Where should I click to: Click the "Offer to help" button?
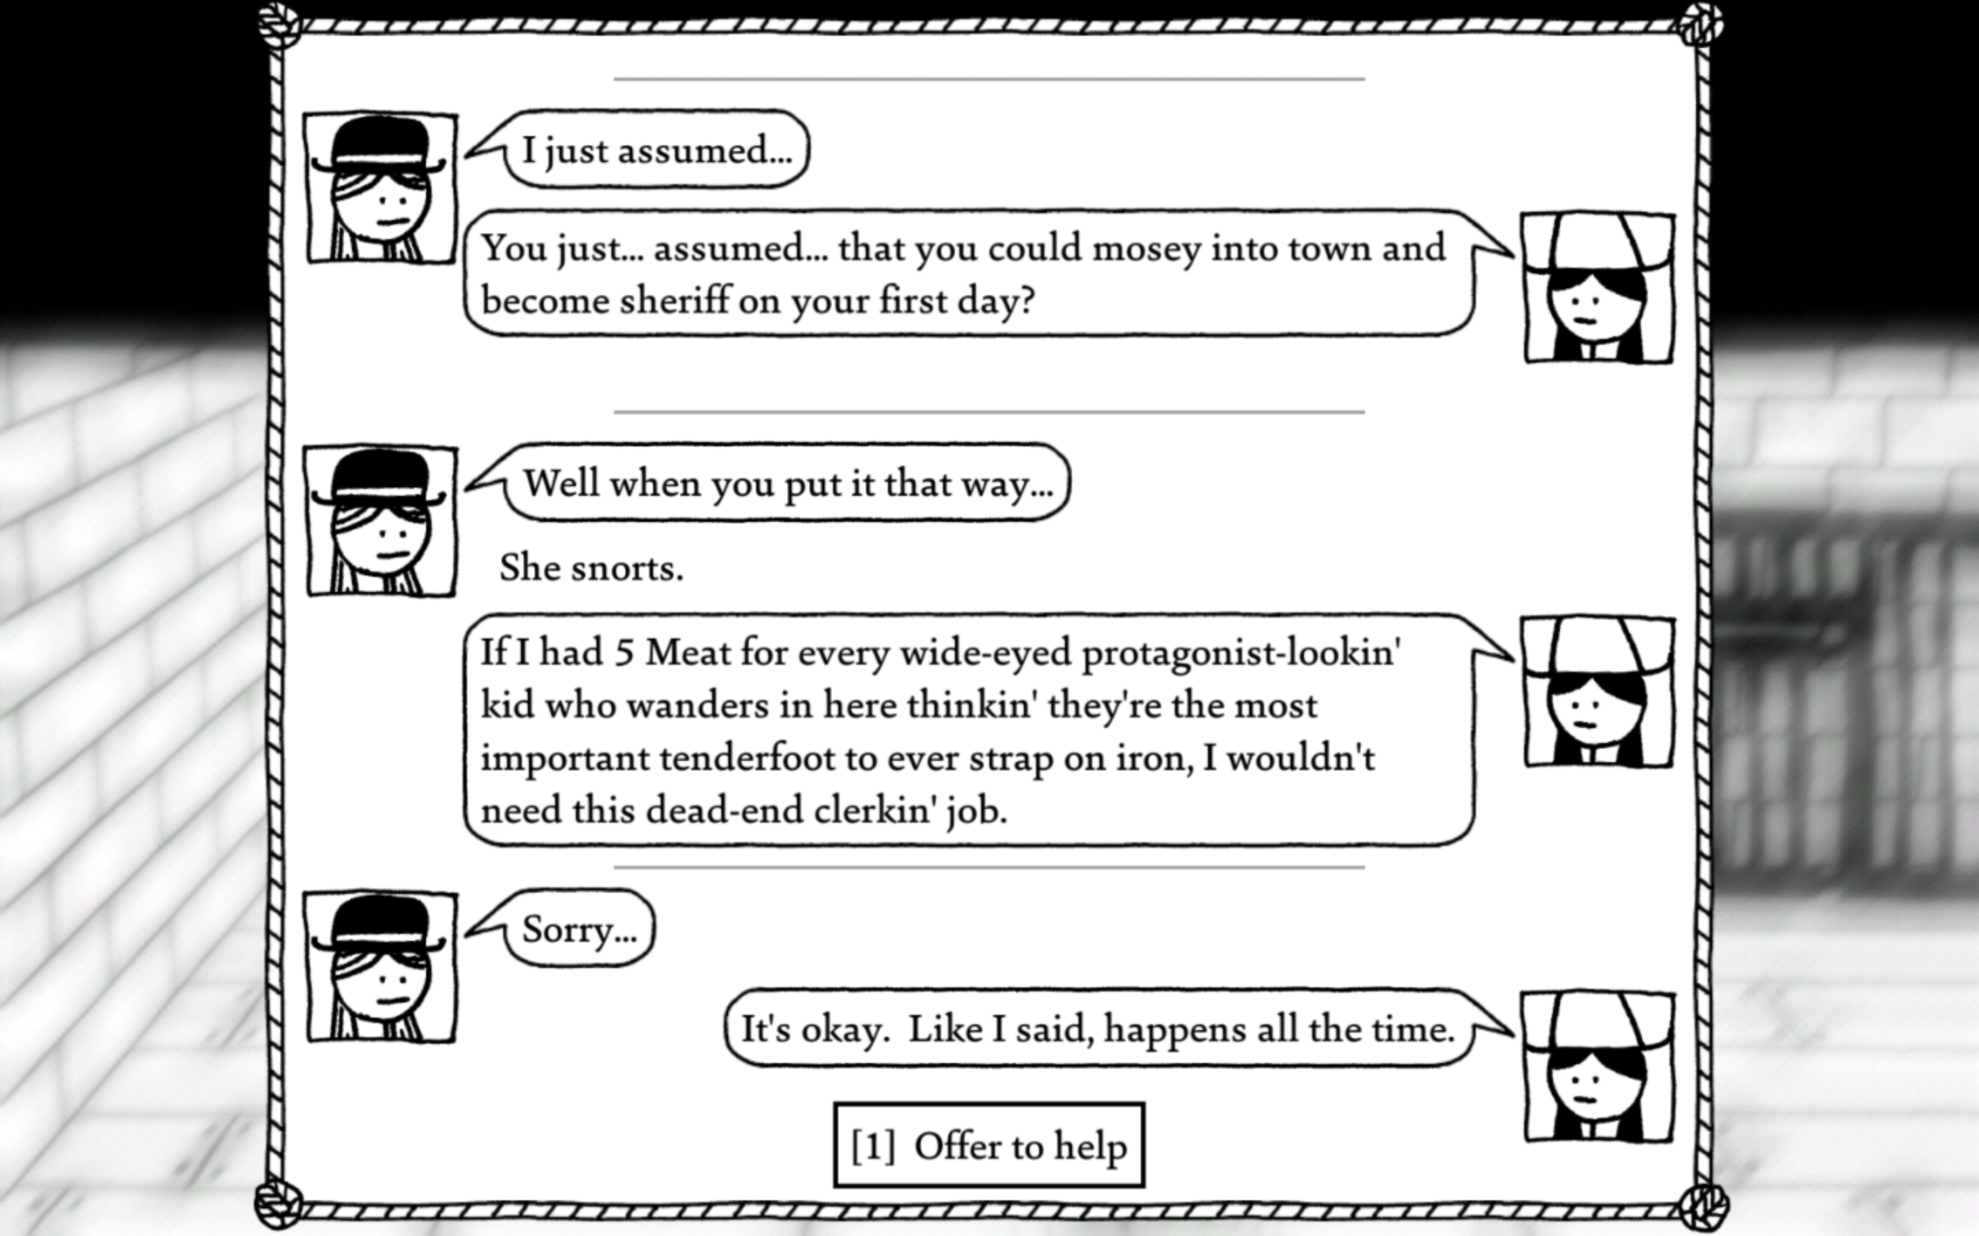pyautogui.click(x=989, y=1146)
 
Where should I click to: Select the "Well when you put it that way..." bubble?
pyautogui.click(x=787, y=484)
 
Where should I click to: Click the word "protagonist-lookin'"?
pyautogui.click(x=1240, y=653)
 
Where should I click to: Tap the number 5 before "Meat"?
pyautogui.click(x=623, y=653)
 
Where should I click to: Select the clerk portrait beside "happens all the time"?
pyautogui.click(x=1599, y=1067)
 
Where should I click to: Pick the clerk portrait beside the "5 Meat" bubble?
pyautogui.click(x=1599, y=692)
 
